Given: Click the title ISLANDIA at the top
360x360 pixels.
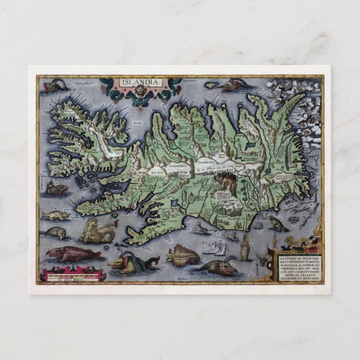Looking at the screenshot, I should pyautogui.click(x=140, y=82).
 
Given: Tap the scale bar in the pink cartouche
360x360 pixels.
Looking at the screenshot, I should pyautogui.click(x=72, y=276).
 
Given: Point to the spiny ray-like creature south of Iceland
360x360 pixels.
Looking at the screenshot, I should pyautogui.click(x=184, y=255).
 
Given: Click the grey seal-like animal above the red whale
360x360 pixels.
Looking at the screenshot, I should pyautogui.click(x=56, y=233).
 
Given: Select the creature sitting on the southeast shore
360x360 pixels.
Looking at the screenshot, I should pyautogui.click(x=277, y=224).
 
